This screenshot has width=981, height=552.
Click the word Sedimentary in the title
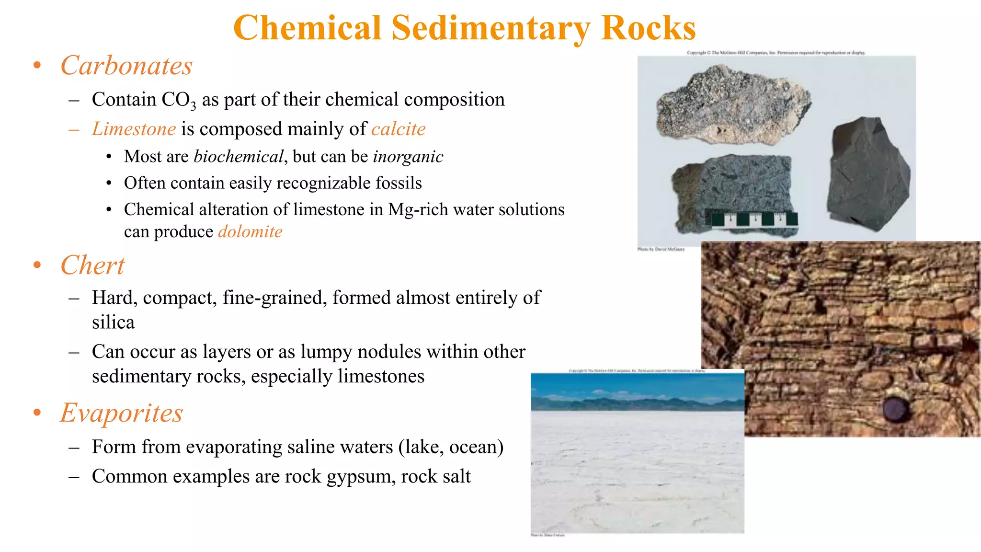[491, 28]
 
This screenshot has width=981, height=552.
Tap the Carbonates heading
[126, 66]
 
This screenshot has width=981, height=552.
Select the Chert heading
[92, 265]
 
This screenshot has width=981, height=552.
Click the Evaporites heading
[122, 413]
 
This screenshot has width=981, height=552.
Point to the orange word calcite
[398, 129]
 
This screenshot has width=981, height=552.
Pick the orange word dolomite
[250, 232]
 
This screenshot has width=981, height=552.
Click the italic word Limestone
[134, 129]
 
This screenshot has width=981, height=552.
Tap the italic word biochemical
[239, 157]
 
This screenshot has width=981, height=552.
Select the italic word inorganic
[408, 157]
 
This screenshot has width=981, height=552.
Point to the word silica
[113, 322]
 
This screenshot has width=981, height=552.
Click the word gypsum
[358, 477]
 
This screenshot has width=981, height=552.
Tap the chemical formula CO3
[179, 100]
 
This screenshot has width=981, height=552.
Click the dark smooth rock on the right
[867, 175]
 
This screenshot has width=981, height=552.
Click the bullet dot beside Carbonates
[37, 66]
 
